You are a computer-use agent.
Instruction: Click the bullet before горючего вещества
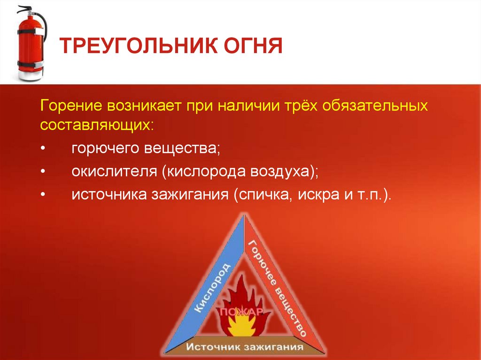pos(43,148)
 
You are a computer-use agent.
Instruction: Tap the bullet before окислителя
pos(43,171)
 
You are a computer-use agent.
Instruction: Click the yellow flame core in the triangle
pos(242,326)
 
